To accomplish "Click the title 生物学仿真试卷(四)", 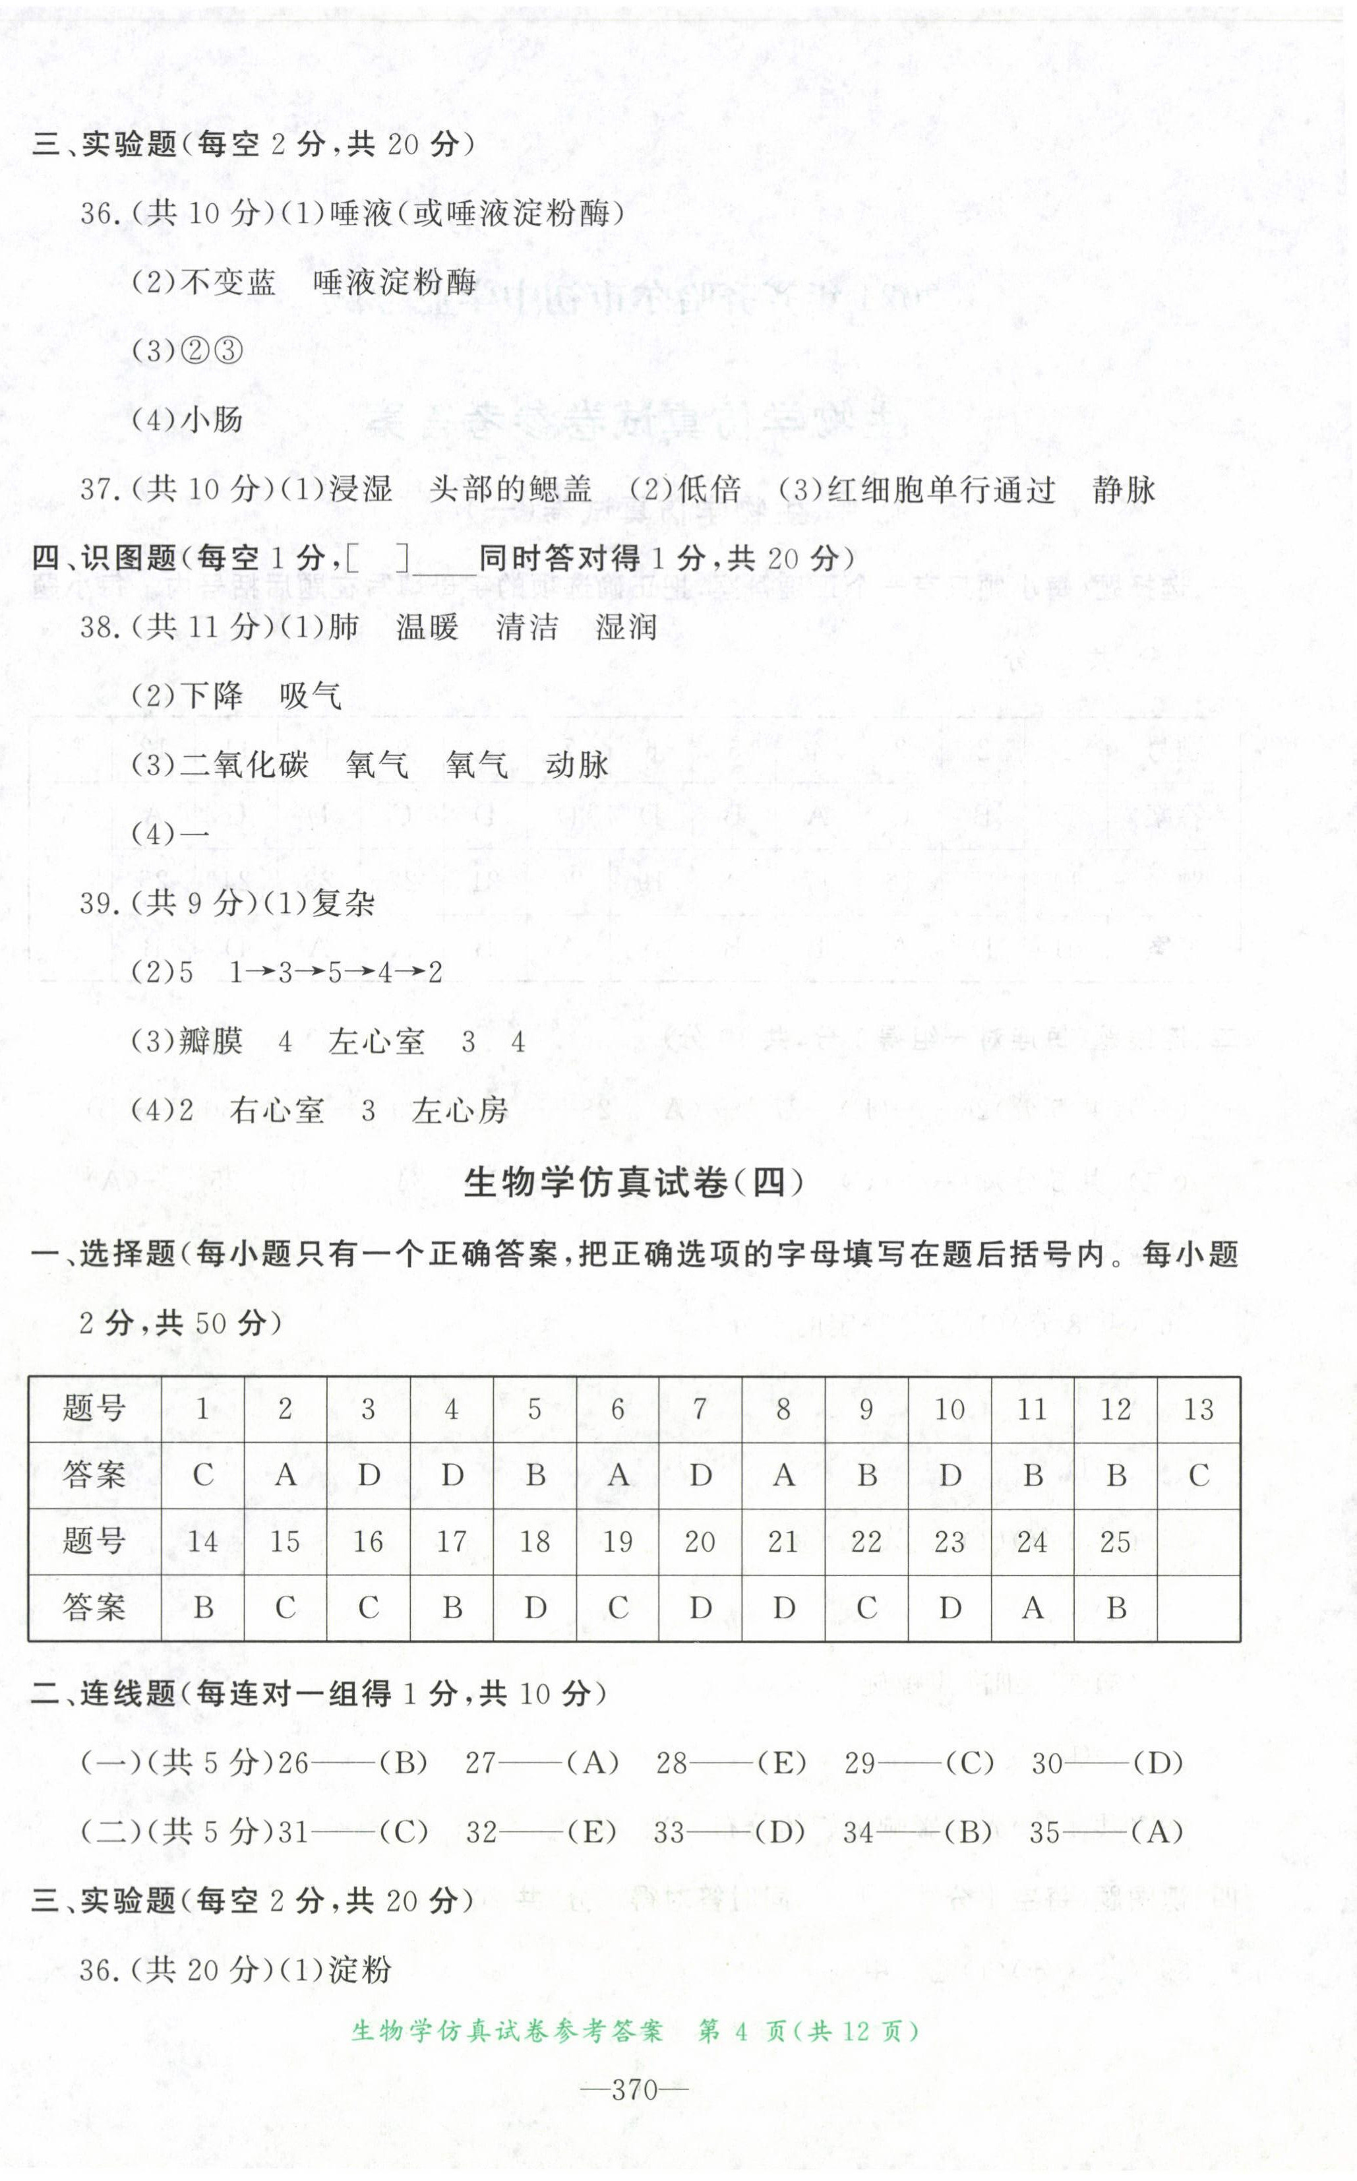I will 634,1183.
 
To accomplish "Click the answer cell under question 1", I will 203,1475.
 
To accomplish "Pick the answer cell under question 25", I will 1116,1608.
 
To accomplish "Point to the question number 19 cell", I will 617,1542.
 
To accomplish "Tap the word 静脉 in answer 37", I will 1124,490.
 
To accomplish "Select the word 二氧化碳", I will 244,765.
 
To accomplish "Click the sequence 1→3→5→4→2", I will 336,972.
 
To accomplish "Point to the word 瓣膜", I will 212,1042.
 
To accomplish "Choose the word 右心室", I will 276,1111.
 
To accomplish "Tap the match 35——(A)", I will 1106,1832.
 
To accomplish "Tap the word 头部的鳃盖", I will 510,490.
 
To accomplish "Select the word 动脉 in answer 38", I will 576,765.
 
